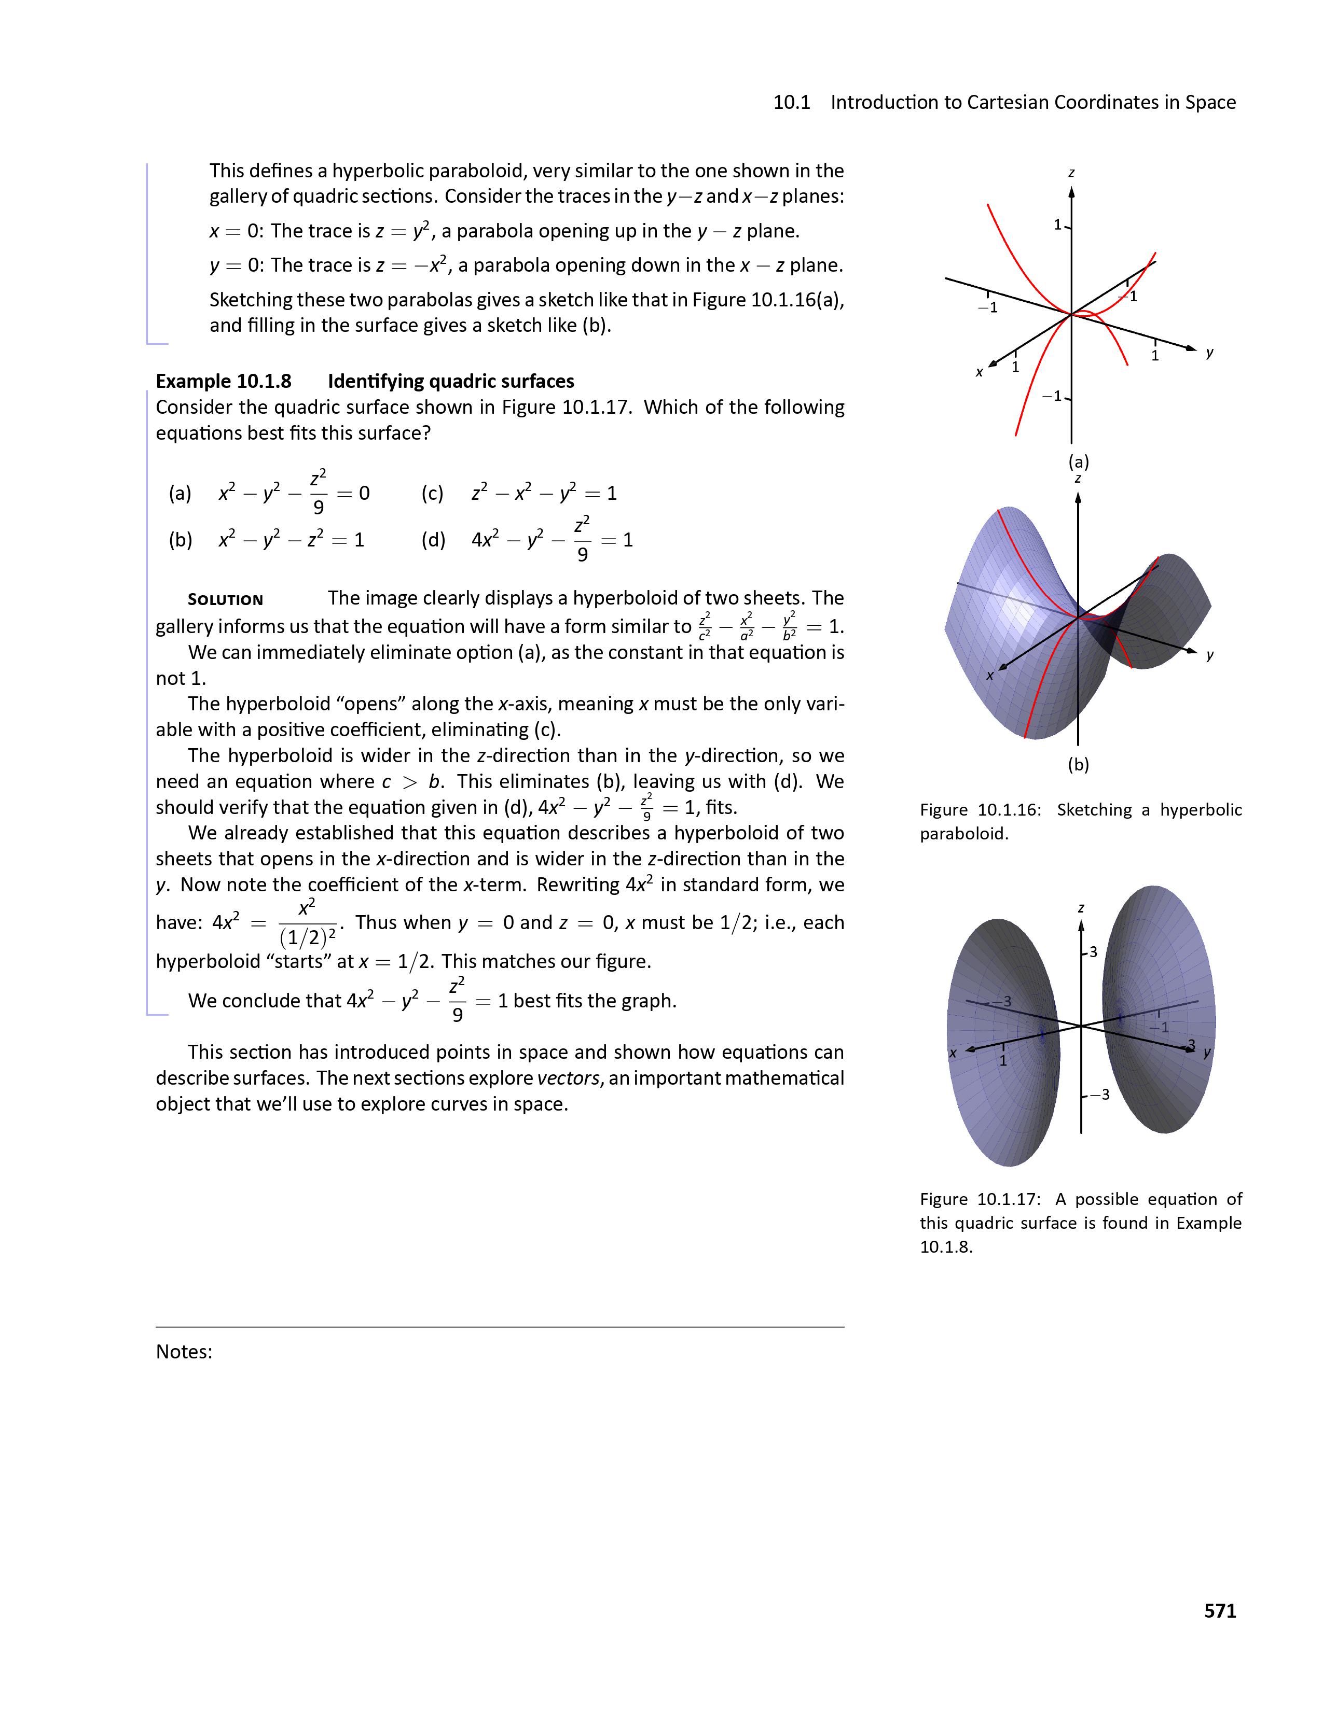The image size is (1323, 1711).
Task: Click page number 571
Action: point(1220,1610)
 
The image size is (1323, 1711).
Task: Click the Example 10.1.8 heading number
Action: point(224,381)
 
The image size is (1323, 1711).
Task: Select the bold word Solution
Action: point(226,599)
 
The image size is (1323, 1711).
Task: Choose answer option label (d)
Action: point(433,539)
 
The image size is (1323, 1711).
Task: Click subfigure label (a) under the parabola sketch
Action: point(1079,461)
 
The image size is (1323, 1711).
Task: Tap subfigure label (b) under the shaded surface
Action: point(1079,764)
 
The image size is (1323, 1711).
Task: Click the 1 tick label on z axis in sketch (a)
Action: point(1057,225)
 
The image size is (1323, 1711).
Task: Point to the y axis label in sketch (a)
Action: point(1210,353)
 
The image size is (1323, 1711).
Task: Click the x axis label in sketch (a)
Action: point(979,372)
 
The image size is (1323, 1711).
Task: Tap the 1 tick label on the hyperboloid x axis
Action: point(1002,1061)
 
